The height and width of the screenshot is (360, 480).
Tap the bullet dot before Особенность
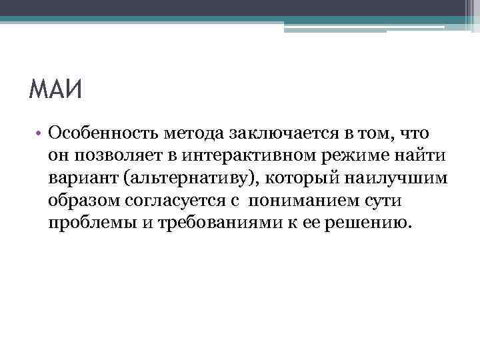click(x=40, y=135)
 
